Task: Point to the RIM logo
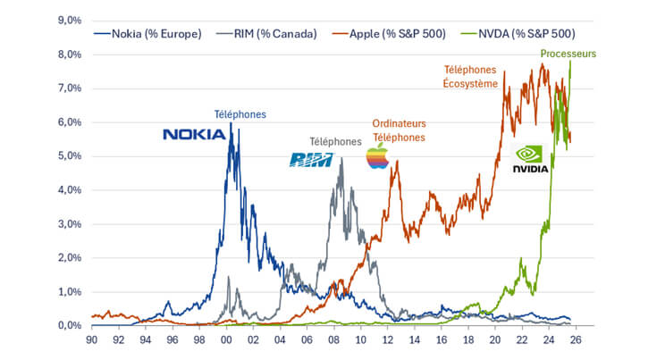point(311,159)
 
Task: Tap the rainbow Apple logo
point(378,155)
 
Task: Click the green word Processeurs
point(568,54)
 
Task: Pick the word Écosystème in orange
point(471,84)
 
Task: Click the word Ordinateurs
point(399,124)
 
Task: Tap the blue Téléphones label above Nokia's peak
point(240,114)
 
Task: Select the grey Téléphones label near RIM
point(335,141)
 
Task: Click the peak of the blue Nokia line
point(231,123)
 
